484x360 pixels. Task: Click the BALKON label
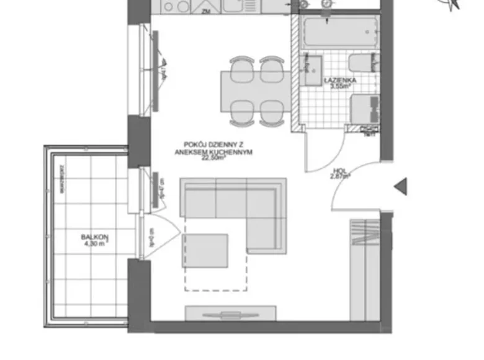(94, 236)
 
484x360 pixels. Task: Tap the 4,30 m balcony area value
(95, 244)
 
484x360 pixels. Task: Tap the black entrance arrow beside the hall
(400, 186)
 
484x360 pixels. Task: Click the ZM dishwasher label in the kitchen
(205, 11)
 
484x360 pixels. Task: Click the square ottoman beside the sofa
(205, 250)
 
